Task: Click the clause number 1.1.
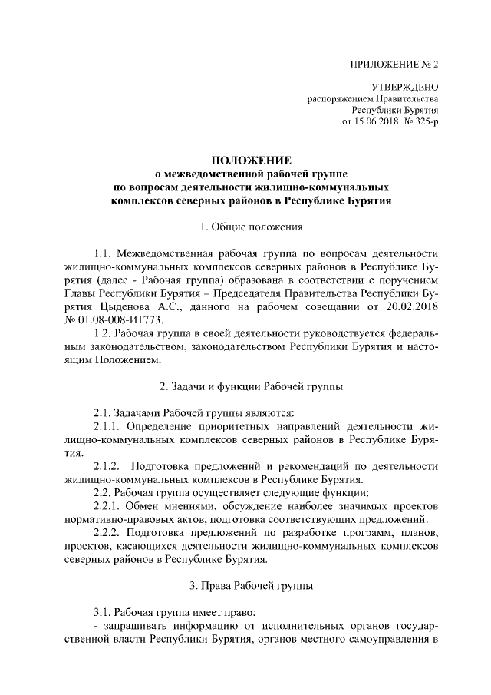[x=103, y=253]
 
